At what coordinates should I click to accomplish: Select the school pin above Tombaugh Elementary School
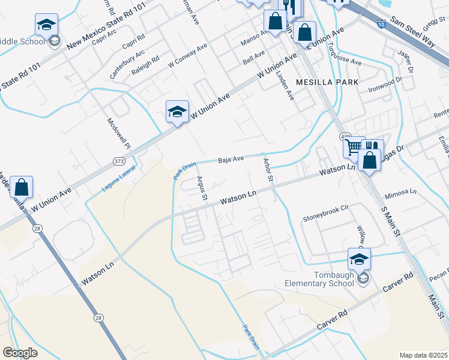pyautogui.click(x=359, y=259)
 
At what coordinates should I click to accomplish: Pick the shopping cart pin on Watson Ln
pyautogui.click(x=354, y=146)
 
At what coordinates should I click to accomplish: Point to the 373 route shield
pyautogui.click(x=119, y=160)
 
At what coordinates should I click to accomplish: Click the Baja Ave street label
pyautogui.click(x=231, y=160)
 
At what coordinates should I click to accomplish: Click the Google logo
pyautogui.click(x=20, y=353)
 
